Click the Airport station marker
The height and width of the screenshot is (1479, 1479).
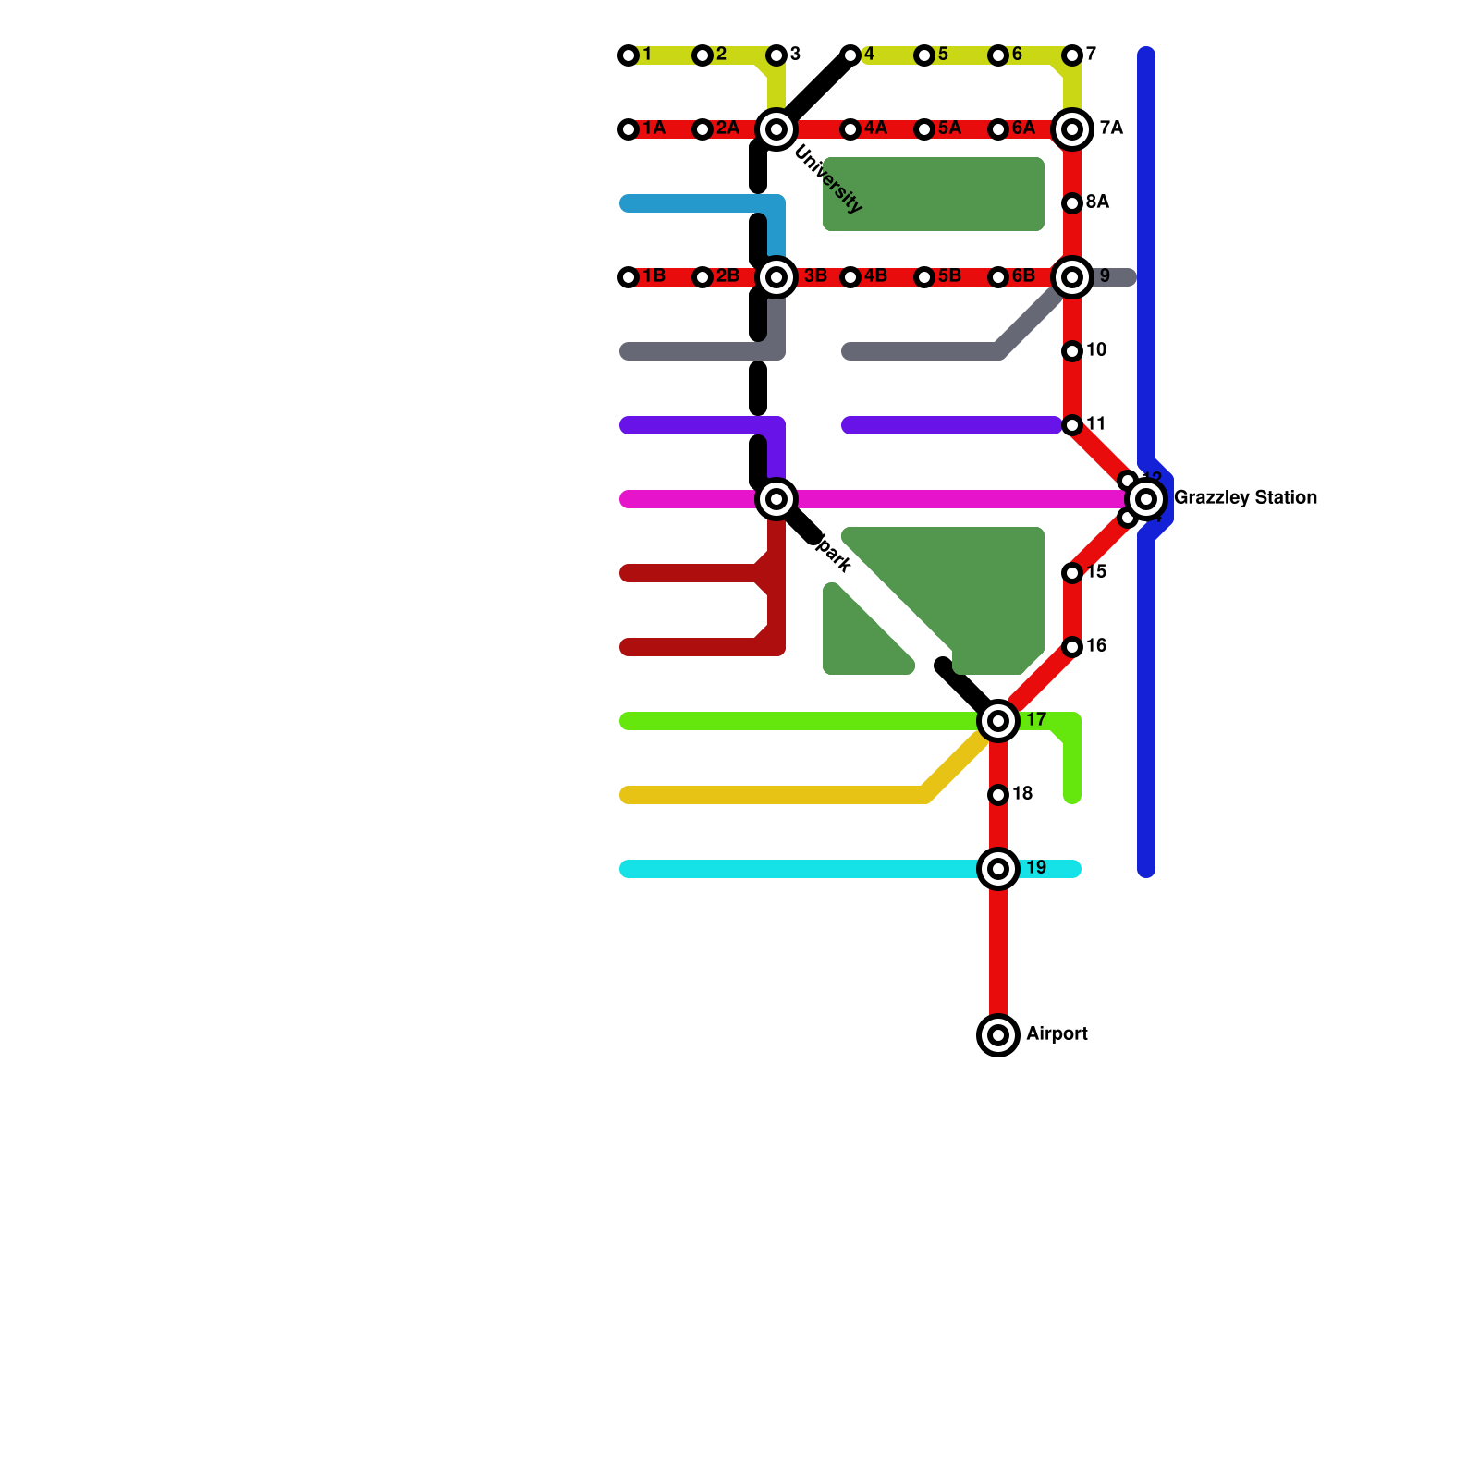[x=998, y=1035]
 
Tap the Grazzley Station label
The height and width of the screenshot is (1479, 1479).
[x=1245, y=498]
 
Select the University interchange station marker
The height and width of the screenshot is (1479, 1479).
[x=776, y=129]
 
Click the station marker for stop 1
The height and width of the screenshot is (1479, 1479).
[x=629, y=55]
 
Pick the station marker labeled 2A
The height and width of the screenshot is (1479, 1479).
[x=703, y=129]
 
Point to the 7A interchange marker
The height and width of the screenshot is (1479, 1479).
[x=1072, y=129]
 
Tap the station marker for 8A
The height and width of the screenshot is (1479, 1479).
[x=1072, y=203]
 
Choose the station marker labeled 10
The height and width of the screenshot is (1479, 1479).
[x=1072, y=351]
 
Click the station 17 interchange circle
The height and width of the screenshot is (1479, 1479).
[x=998, y=721]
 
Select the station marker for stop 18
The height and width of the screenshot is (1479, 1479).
[x=998, y=795]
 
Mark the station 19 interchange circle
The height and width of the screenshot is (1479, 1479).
[x=998, y=869]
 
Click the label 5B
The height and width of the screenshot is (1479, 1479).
[x=949, y=276]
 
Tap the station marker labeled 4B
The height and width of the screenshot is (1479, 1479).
[x=850, y=277]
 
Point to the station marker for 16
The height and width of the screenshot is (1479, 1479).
[x=1072, y=647]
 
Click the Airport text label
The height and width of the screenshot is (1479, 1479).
[x=1057, y=1034]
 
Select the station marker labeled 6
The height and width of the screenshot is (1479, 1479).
[x=998, y=55]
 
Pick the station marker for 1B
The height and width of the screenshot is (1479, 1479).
[x=629, y=277]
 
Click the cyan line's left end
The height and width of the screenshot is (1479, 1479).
[x=627, y=869]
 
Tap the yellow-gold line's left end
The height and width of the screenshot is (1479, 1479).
[x=627, y=795]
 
